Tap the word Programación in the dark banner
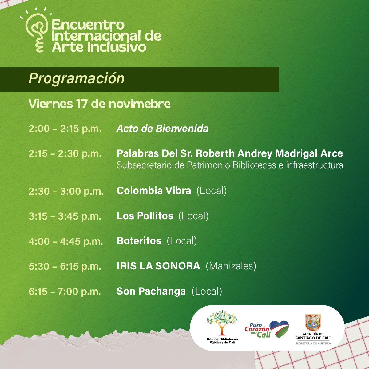point(77,78)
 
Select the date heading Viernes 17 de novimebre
point(99,104)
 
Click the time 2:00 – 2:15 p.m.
point(65,129)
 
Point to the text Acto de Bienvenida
point(163,128)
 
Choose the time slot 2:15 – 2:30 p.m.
point(65,153)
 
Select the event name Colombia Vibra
point(154,191)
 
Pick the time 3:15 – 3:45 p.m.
point(65,216)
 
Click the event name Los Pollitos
point(145,216)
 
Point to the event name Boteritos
point(139,241)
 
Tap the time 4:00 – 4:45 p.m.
point(66,241)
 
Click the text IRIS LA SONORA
point(158,266)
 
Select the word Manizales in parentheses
point(231,266)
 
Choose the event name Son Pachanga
point(151,292)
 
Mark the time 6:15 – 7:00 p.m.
point(65,292)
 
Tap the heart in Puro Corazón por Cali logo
point(279,329)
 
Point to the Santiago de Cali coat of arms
point(313,323)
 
